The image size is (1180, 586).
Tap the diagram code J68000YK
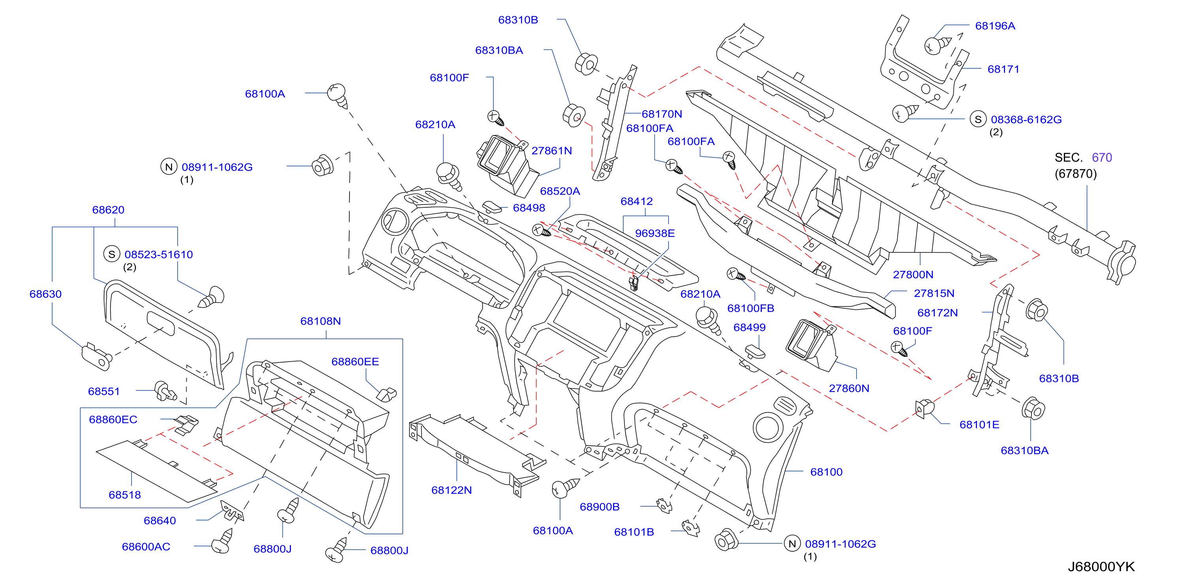(1101, 567)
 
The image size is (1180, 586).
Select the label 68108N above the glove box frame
(320, 321)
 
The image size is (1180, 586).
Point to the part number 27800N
(913, 274)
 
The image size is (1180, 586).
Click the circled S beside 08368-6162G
(978, 119)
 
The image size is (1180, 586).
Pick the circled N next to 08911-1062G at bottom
(792, 543)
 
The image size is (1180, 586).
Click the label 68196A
(995, 26)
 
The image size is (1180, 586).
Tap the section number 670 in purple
(1102, 158)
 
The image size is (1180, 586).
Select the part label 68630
(45, 294)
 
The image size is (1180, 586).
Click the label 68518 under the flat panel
(125, 495)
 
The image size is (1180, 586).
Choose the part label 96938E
(655, 233)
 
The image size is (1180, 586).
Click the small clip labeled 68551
(165, 391)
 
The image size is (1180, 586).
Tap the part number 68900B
(599, 507)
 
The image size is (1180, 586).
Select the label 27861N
(552, 151)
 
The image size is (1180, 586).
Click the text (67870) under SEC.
(1076, 174)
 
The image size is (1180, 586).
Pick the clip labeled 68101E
(924, 408)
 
